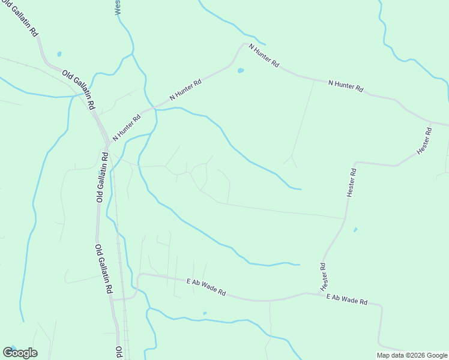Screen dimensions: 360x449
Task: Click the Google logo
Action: [20, 353]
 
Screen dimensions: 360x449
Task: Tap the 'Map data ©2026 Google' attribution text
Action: [412, 355]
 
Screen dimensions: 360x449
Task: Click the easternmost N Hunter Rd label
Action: [346, 86]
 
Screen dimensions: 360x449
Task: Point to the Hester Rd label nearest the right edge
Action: [424, 139]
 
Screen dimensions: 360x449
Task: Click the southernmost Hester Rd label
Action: [322, 274]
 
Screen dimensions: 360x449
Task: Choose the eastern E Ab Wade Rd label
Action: [346, 299]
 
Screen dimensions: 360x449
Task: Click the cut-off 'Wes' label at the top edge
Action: [118, 7]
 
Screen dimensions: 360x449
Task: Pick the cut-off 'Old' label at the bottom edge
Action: [119, 352]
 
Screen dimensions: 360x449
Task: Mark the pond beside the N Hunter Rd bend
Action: [241, 70]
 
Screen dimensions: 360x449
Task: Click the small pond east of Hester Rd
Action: [355, 229]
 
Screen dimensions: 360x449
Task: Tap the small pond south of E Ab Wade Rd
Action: [205, 313]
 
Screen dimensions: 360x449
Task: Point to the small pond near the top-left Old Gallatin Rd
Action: [59, 54]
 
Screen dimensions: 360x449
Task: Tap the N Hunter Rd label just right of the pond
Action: [264, 55]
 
